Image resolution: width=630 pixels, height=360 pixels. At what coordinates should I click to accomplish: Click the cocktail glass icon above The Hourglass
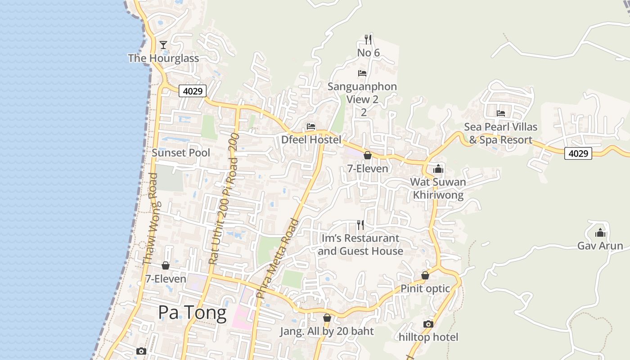(x=163, y=45)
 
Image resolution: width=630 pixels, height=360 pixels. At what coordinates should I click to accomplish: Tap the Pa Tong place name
(x=192, y=313)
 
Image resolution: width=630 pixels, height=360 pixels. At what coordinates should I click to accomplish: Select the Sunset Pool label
(x=181, y=153)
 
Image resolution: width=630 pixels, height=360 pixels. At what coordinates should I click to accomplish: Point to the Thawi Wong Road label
(x=150, y=219)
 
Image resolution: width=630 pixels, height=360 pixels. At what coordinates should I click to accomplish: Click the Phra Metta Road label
(x=277, y=258)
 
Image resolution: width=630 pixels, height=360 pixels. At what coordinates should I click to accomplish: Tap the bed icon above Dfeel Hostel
(x=310, y=126)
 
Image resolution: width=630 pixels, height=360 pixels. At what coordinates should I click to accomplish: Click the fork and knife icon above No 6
(x=368, y=40)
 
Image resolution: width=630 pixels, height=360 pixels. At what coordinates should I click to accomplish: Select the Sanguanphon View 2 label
(x=362, y=93)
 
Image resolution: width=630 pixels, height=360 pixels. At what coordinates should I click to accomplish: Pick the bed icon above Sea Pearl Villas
(x=501, y=113)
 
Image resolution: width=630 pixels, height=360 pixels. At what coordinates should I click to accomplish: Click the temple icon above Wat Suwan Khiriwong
(x=438, y=169)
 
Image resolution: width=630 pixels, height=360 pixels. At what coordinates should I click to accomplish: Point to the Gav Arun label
(x=600, y=246)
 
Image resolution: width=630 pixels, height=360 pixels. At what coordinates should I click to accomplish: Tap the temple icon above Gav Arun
(x=600, y=233)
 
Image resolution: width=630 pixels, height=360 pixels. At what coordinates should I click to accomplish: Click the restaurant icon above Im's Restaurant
(x=360, y=225)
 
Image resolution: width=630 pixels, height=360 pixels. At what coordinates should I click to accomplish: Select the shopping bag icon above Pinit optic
(x=425, y=275)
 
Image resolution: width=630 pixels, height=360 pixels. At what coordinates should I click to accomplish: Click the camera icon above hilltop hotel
(x=428, y=324)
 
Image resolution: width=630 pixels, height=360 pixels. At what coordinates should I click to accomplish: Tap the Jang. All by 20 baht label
(x=327, y=332)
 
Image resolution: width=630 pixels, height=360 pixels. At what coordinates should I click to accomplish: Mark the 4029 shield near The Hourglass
(x=193, y=91)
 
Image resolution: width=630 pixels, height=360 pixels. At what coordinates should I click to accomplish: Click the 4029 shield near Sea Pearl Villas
(x=578, y=153)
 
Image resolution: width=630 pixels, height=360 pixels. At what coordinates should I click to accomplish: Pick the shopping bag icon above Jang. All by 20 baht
(x=327, y=318)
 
